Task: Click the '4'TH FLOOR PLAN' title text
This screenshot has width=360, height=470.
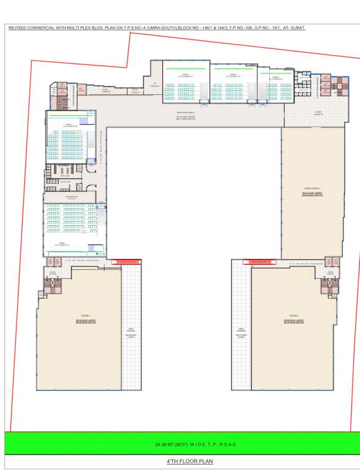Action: click(189, 461)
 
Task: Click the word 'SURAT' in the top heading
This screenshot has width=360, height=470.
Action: click(297, 28)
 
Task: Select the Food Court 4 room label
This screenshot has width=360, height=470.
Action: click(312, 190)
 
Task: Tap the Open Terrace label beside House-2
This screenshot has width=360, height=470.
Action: click(241, 334)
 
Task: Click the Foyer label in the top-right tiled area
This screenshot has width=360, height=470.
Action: click(318, 113)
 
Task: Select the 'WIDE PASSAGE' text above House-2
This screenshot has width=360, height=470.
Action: click(306, 264)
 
